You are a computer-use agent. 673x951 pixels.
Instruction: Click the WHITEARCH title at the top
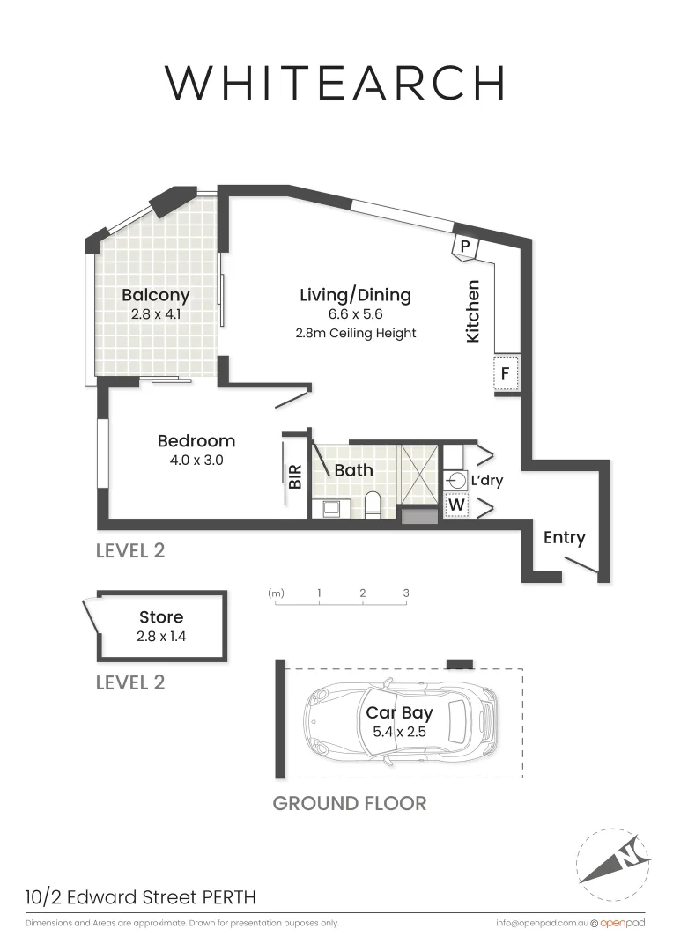(336, 82)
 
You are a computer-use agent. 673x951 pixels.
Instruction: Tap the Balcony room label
(156, 294)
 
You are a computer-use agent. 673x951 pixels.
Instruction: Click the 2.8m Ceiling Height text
(356, 334)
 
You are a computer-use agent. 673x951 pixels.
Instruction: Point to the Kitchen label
(473, 311)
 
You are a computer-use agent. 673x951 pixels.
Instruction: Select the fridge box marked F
(506, 372)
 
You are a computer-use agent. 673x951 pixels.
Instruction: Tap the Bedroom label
(196, 440)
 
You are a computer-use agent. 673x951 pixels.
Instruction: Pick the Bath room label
(353, 470)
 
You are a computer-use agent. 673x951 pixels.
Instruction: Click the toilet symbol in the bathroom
(373, 505)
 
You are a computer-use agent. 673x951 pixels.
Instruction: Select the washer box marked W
(456, 506)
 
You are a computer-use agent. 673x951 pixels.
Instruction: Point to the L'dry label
(486, 482)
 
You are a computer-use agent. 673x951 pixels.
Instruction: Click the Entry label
(564, 537)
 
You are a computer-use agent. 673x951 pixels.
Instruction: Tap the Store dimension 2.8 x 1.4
(162, 635)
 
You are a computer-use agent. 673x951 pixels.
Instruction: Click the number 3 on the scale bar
(406, 593)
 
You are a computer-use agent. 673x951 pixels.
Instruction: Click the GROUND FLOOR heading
(350, 803)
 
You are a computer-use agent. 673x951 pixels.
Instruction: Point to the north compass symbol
(613, 855)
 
